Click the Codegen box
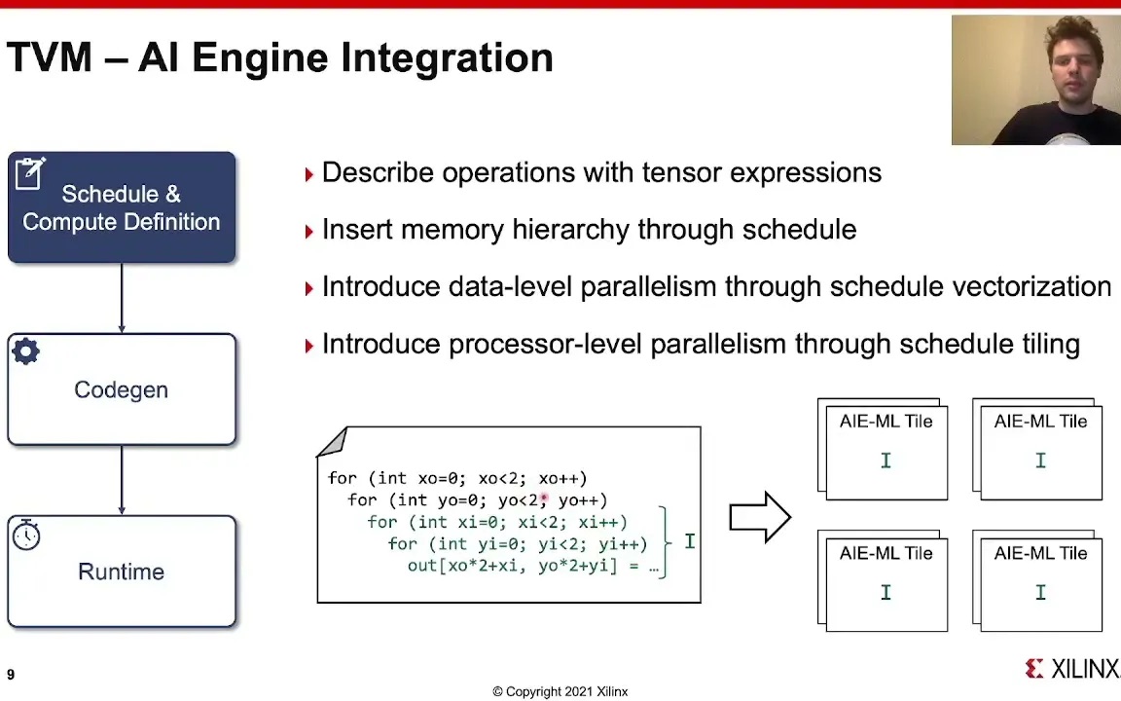(122, 389)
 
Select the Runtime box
(122, 572)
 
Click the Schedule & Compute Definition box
(122, 207)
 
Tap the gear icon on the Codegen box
(26, 352)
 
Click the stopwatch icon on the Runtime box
(26, 535)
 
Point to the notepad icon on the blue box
(29, 173)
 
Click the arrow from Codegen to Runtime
(122, 480)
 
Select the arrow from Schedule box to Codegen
(122, 298)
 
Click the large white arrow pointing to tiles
(760, 517)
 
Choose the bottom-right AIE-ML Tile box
(1040, 581)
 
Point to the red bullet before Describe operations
(308, 174)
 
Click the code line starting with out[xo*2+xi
(532, 566)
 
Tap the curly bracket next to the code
(665, 541)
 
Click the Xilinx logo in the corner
(1071, 668)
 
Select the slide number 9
(11, 675)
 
